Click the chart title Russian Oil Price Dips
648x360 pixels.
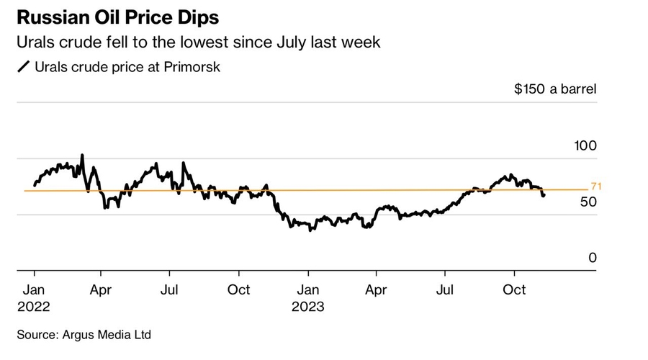(x=118, y=16)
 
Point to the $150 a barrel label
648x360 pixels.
(x=555, y=89)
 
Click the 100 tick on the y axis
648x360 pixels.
(x=585, y=145)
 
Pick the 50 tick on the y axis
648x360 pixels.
(x=588, y=202)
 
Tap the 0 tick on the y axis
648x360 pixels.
(x=593, y=257)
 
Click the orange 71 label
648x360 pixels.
(x=595, y=187)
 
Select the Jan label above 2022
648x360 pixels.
(x=34, y=289)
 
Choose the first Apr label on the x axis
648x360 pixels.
(x=101, y=289)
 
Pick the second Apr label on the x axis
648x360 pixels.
(x=375, y=289)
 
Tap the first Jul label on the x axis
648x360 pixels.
(x=169, y=289)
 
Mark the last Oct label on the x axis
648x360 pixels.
(x=513, y=289)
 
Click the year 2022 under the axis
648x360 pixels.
(x=32, y=306)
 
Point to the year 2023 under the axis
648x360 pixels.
(x=308, y=306)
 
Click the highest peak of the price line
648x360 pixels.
(x=81, y=155)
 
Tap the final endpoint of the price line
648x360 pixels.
(x=544, y=194)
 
